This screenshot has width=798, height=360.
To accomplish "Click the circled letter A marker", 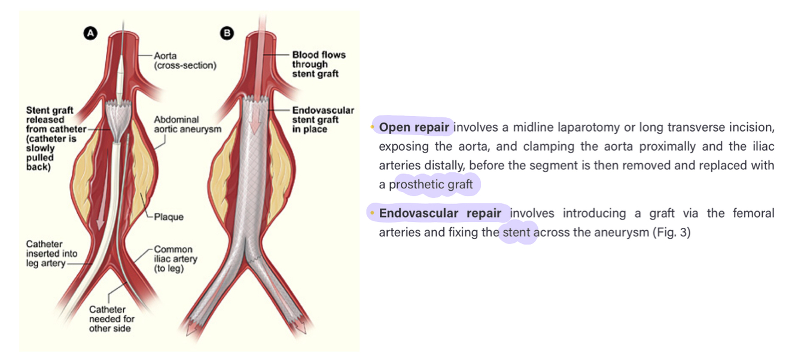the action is (x=90, y=34).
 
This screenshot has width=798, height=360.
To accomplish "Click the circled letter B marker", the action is (x=227, y=33).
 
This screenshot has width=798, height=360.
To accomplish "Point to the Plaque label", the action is (x=169, y=217).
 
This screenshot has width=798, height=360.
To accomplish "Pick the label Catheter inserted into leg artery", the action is (x=50, y=254).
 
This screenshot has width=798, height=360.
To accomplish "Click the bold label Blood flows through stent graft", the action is (x=318, y=64).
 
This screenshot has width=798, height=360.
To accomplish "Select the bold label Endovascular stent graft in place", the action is (x=322, y=120).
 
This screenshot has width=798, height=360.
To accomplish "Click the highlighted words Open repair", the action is (x=414, y=127).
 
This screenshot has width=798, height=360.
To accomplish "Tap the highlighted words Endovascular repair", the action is (x=440, y=213).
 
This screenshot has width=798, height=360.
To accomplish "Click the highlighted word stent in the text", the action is (x=517, y=232).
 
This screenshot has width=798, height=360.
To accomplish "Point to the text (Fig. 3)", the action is (x=671, y=232).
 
